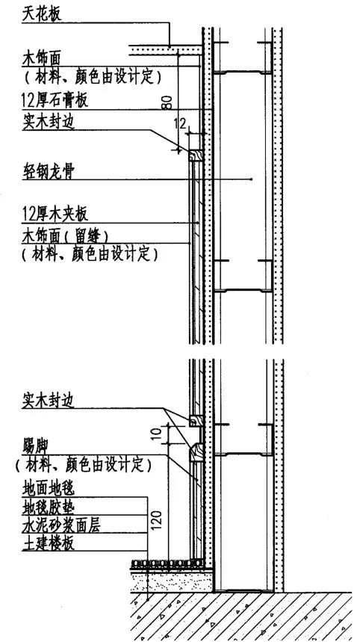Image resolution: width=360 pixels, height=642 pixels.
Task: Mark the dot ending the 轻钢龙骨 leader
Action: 252,180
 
